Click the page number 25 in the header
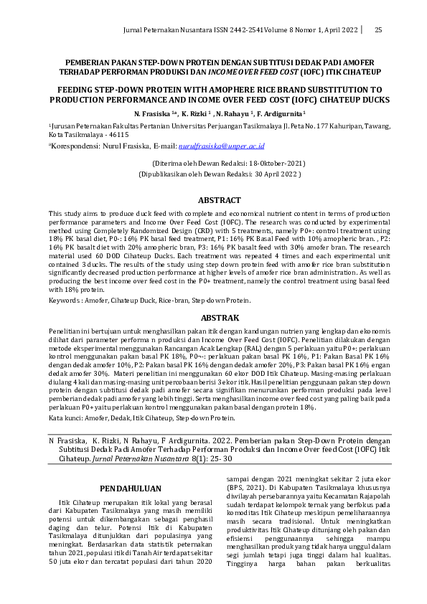(378, 29)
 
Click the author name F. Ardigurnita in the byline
(281, 113)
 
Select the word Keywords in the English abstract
(63, 301)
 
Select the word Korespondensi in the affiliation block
(76, 146)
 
